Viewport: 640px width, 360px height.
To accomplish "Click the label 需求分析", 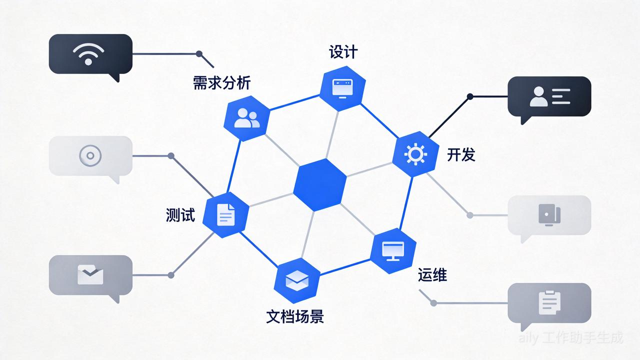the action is pos(221,83).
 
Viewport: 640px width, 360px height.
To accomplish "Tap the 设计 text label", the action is pos(343,51).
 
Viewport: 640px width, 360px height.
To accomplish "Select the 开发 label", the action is pos(461,155).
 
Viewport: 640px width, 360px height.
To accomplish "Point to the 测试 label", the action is pos(180,215).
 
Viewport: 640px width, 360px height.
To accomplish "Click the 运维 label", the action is pos(432,275).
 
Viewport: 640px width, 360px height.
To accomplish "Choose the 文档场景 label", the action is pos(295,316).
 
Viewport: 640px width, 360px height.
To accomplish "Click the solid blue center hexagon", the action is pos(320,184).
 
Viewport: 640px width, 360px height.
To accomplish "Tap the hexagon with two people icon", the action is pos(247,117).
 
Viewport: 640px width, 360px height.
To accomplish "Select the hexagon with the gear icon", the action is pos(415,153).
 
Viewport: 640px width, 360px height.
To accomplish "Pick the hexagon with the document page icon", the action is pos(226,214).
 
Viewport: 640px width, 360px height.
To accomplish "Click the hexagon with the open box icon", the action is pos(297,280).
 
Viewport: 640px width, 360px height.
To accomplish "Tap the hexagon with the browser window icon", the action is pos(342,88).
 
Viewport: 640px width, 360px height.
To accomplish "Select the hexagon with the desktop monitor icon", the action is pos(393,250).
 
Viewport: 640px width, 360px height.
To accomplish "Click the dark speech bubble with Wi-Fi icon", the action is pos(90,54).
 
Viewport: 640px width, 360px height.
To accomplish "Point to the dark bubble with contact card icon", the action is pos(549,96).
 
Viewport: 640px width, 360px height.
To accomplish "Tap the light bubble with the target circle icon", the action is pos(90,155).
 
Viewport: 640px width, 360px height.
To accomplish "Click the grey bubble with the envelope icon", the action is pos(90,274).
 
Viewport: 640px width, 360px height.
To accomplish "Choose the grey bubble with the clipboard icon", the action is pos(549,302).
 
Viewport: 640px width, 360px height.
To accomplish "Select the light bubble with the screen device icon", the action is pos(549,215).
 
